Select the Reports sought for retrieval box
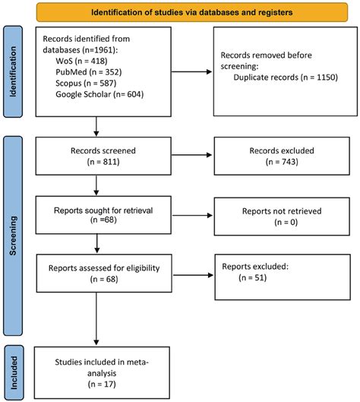point(96,214)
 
